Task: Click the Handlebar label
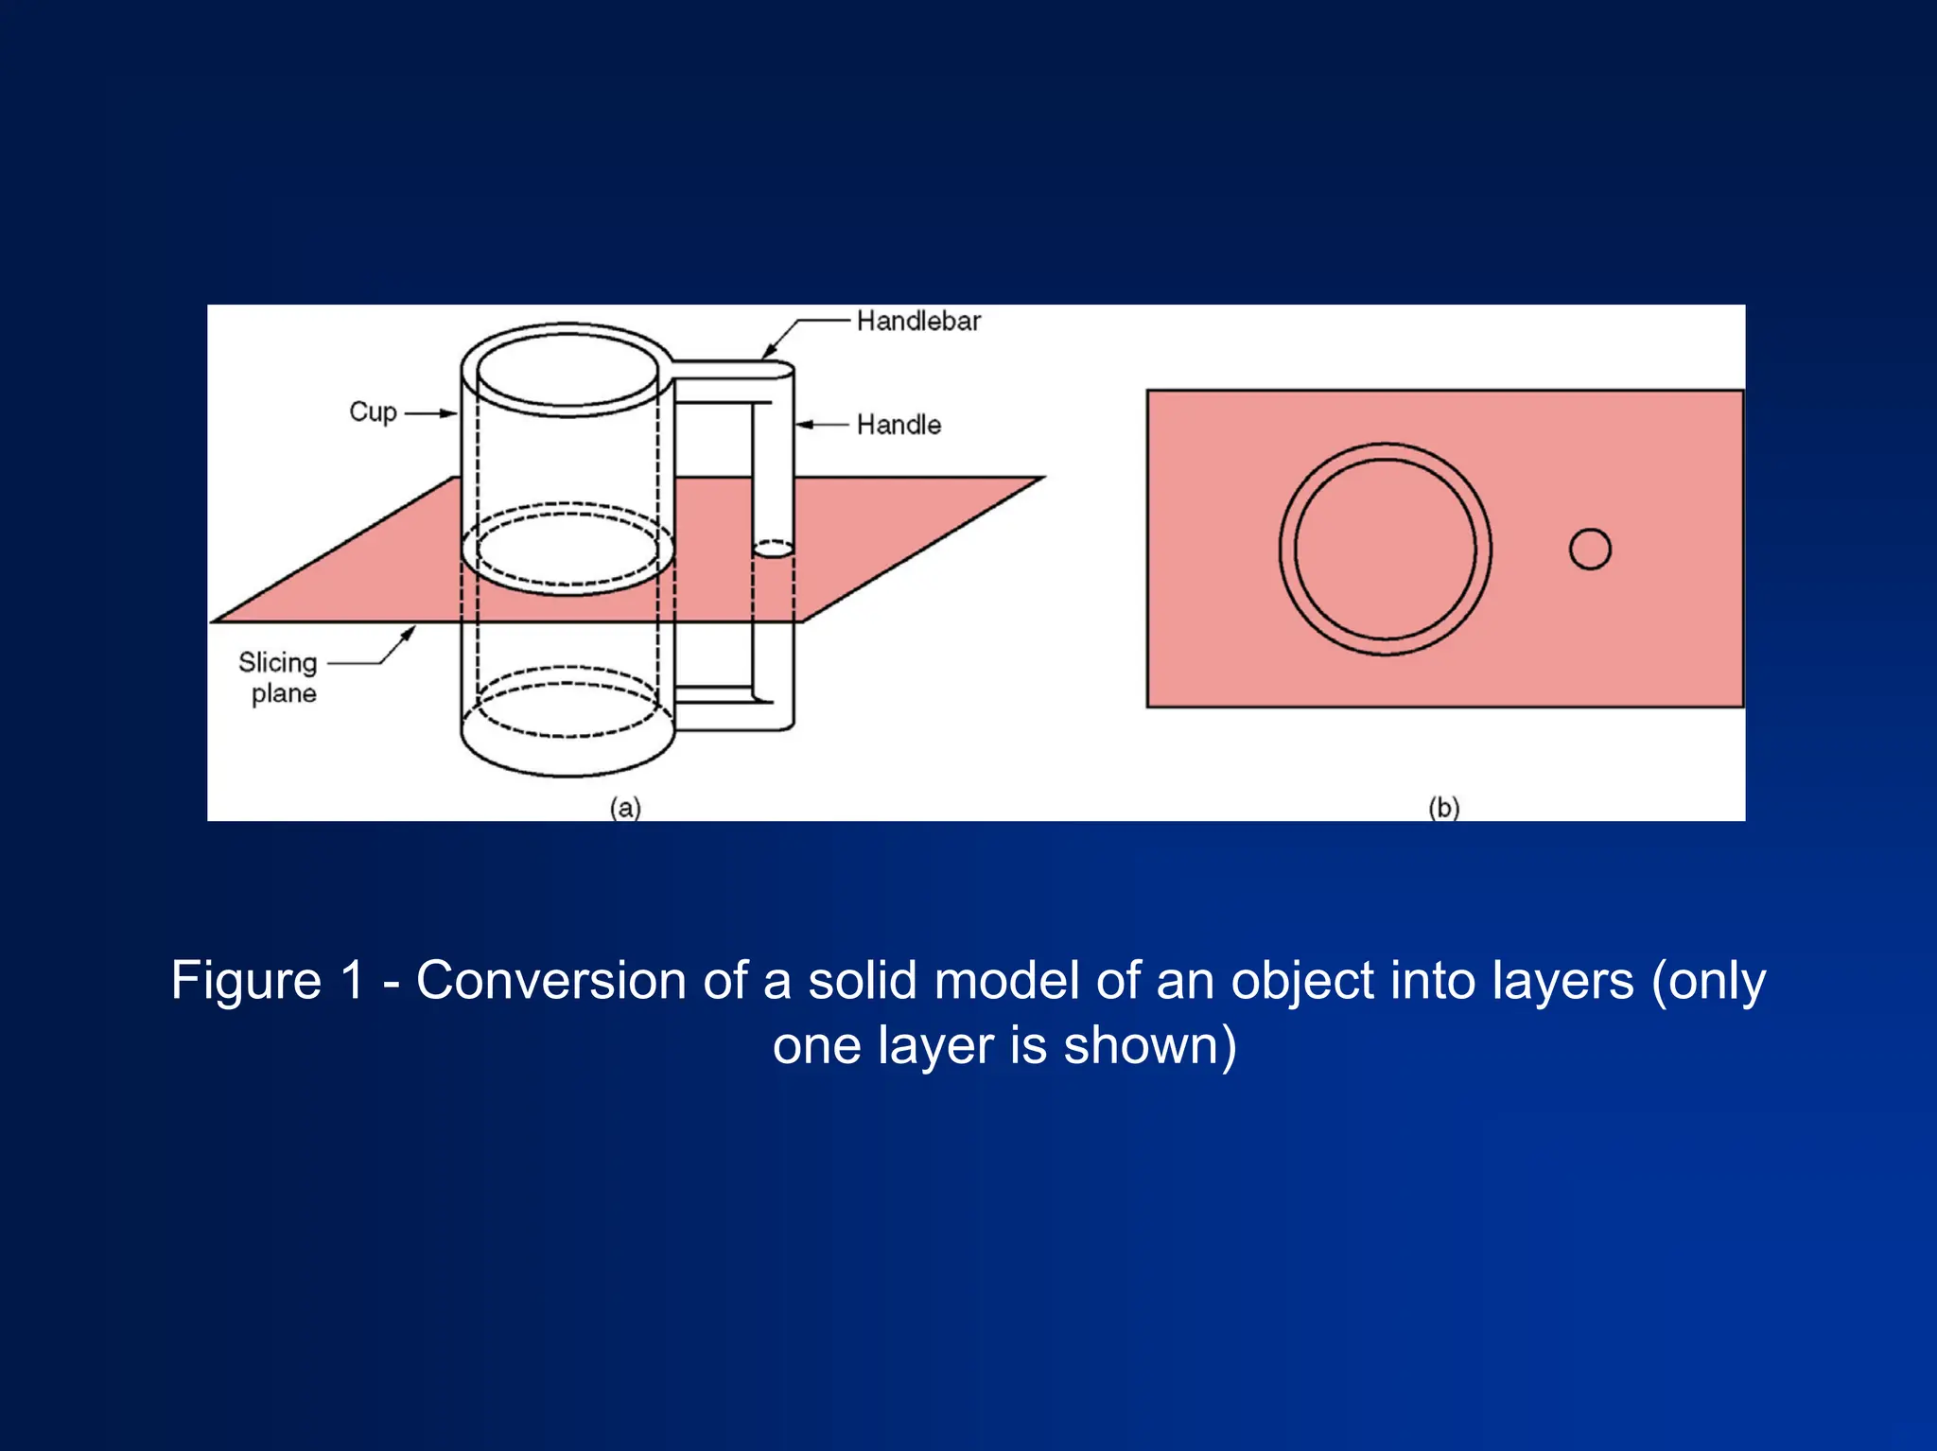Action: tap(918, 322)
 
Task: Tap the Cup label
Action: tap(373, 412)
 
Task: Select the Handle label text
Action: tap(899, 425)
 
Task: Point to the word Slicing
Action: tap(277, 662)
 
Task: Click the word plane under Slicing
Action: tap(284, 693)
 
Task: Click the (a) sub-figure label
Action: tap(625, 807)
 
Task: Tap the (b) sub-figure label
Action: tap(1443, 807)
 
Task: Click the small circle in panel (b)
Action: tap(1590, 549)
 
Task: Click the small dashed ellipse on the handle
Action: tap(773, 549)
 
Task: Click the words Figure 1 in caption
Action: tap(267, 980)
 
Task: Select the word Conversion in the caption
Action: tap(551, 980)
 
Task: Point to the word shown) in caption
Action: tap(1150, 1046)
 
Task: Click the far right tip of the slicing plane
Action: tap(1042, 478)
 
